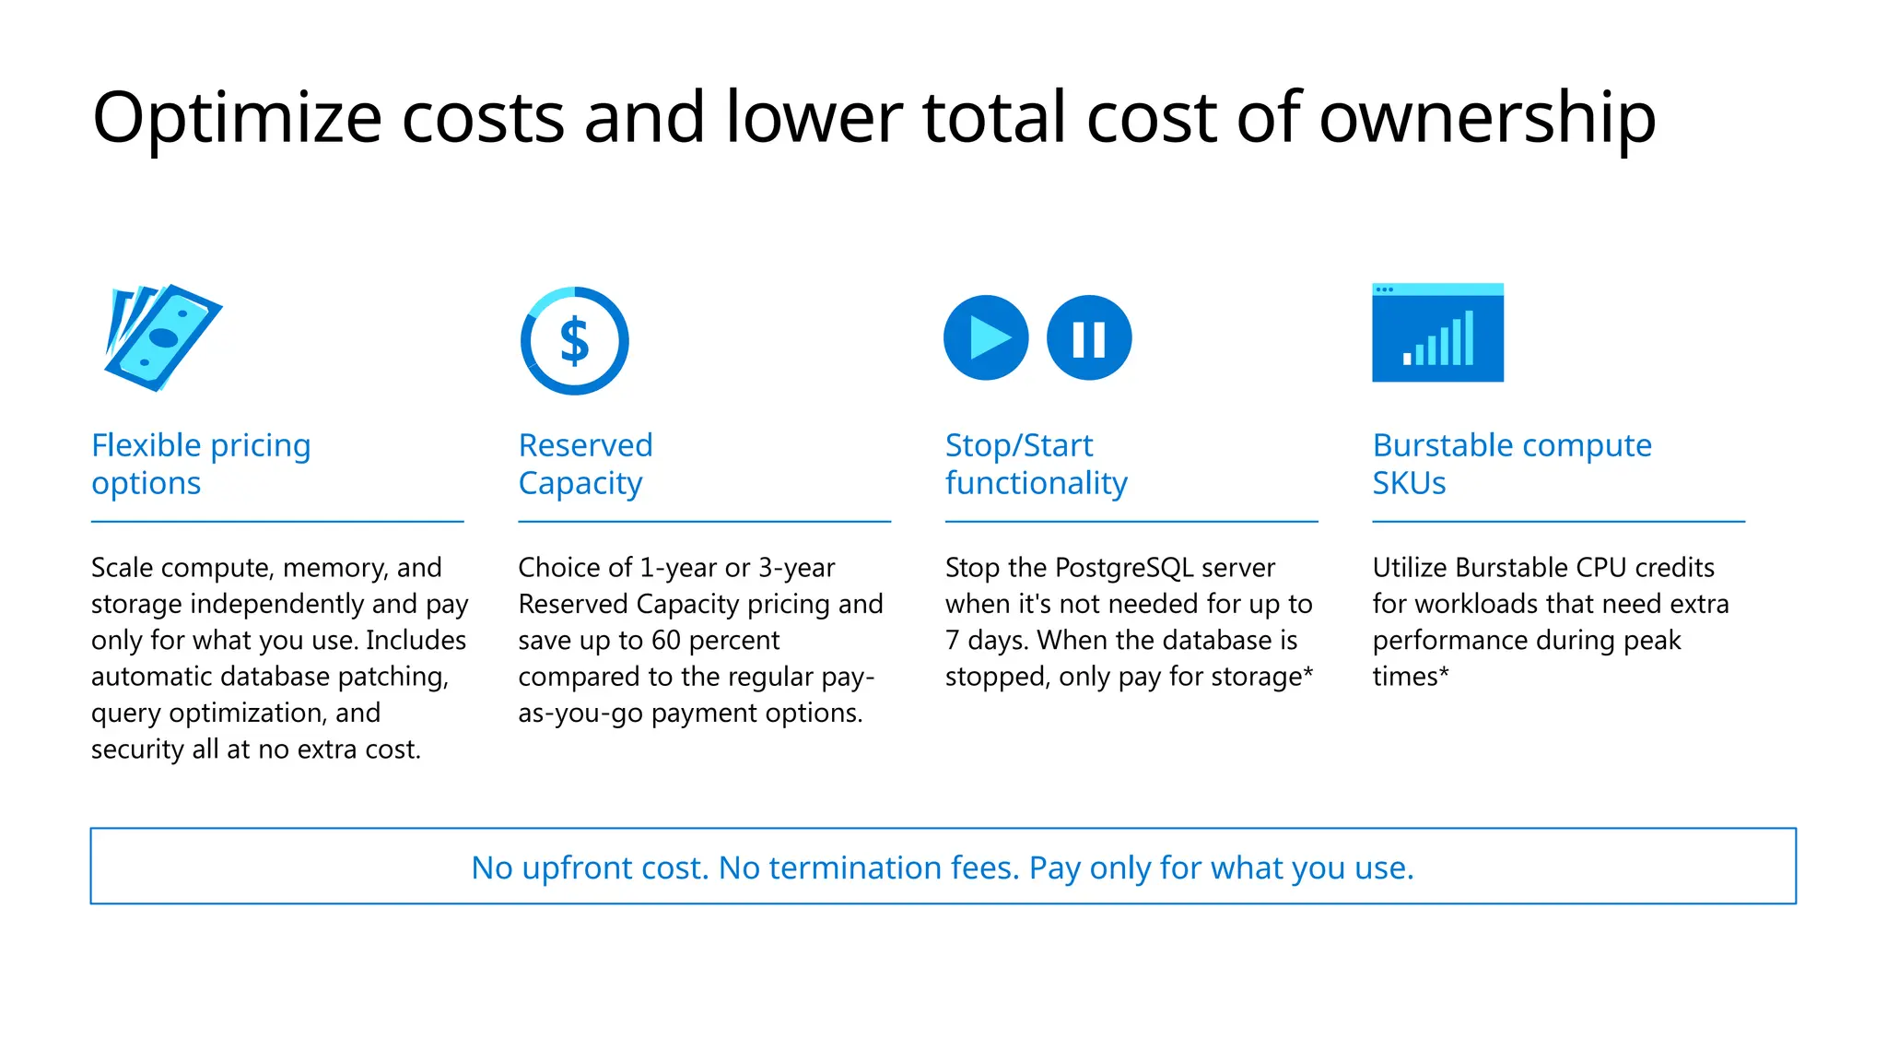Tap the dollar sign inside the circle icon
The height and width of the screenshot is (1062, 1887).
[x=575, y=341]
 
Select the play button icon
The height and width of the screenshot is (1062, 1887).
[x=986, y=337]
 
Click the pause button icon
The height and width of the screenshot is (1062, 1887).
[x=1089, y=337]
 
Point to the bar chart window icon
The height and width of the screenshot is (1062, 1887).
[x=1437, y=333]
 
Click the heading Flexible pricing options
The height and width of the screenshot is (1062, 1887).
[x=201, y=464]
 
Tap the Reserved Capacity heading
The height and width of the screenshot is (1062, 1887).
[x=585, y=464]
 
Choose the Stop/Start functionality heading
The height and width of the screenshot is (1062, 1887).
[x=1036, y=464]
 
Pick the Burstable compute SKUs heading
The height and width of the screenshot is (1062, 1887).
[x=1511, y=464]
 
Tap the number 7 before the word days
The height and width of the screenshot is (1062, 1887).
[x=953, y=640]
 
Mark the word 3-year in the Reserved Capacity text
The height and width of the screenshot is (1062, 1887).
[x=797, y=567]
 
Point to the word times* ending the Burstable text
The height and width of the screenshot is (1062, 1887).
[x=1410, y=677]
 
